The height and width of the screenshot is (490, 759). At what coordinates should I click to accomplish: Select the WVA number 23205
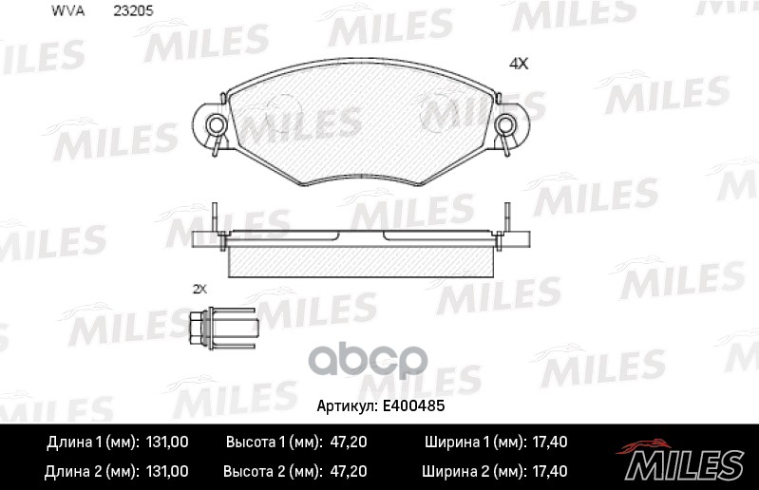(x=134, y=11)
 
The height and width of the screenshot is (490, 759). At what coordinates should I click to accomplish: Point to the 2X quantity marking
(x=199, y=288)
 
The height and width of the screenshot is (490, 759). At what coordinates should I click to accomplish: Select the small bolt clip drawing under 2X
(x=223, y=328)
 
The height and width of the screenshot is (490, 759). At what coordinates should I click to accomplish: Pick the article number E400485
(x=415, y=405)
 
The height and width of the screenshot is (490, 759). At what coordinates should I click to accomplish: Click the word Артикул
(x=346, y=405)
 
